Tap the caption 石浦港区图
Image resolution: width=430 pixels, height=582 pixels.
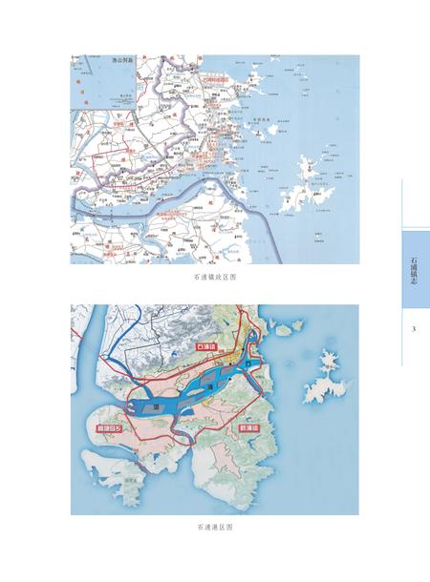pos(214,526)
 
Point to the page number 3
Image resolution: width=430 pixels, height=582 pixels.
pos(414,329)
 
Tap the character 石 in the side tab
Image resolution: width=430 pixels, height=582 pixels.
pos(414,255)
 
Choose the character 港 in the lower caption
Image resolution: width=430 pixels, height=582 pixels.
pos(215,526)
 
